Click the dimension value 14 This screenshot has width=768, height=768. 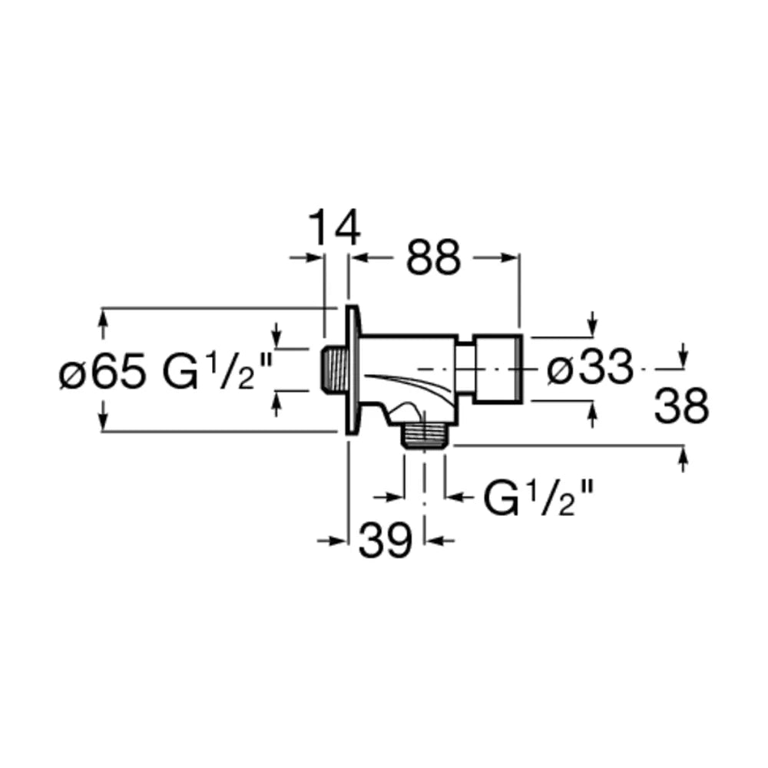click(x=335, y=227)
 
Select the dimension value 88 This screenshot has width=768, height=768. click(x=433, y=257)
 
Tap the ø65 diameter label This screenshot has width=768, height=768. click(x=102, y=370)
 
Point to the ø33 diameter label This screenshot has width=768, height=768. click(x=590, y=367)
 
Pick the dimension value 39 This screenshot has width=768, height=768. click(x=385, y=540)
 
